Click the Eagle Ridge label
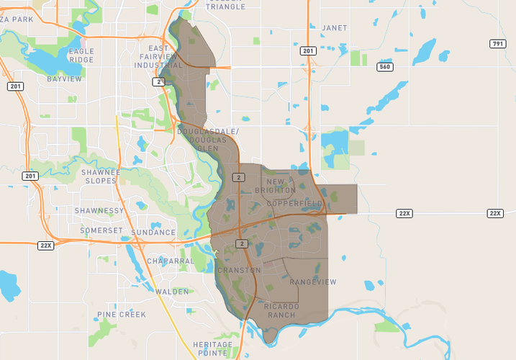tap(81, 55)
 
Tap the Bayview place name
tap(65, 78)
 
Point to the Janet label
tap(335, 28)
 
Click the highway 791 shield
tap(497, 44)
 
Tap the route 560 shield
tap(384, 67)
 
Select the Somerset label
tap(101, 230)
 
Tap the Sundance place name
tap(153, 233)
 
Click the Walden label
tap(172, 292)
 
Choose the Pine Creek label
tap(122, 315)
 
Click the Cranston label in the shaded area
tap(239, 270)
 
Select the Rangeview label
tap(313, 282)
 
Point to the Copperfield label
tap(295, 204)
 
